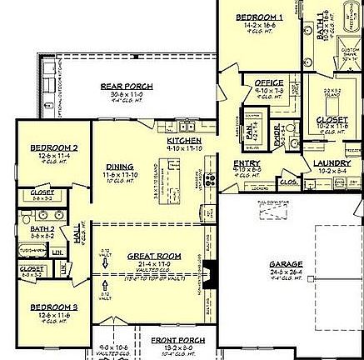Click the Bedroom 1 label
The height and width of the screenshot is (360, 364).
259,17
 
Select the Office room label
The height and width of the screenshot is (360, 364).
269,83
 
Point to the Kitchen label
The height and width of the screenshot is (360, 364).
183,141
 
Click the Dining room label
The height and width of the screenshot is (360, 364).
120,167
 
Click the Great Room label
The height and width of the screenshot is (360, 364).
148,256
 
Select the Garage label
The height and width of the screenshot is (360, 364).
286,264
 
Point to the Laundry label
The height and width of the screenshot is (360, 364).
332,163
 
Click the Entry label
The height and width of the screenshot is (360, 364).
247,163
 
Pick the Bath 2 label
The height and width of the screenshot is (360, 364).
42,228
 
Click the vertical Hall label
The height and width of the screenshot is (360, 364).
77,237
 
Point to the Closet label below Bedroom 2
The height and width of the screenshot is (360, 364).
42,192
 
